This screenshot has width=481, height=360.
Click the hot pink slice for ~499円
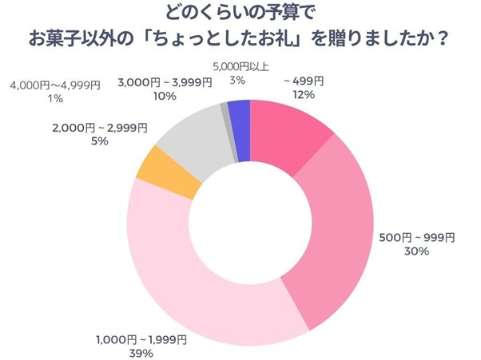[x=288, y=136]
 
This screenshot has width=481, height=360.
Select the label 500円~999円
[x=416, y=238]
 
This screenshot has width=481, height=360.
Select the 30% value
[x=416, y=252]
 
